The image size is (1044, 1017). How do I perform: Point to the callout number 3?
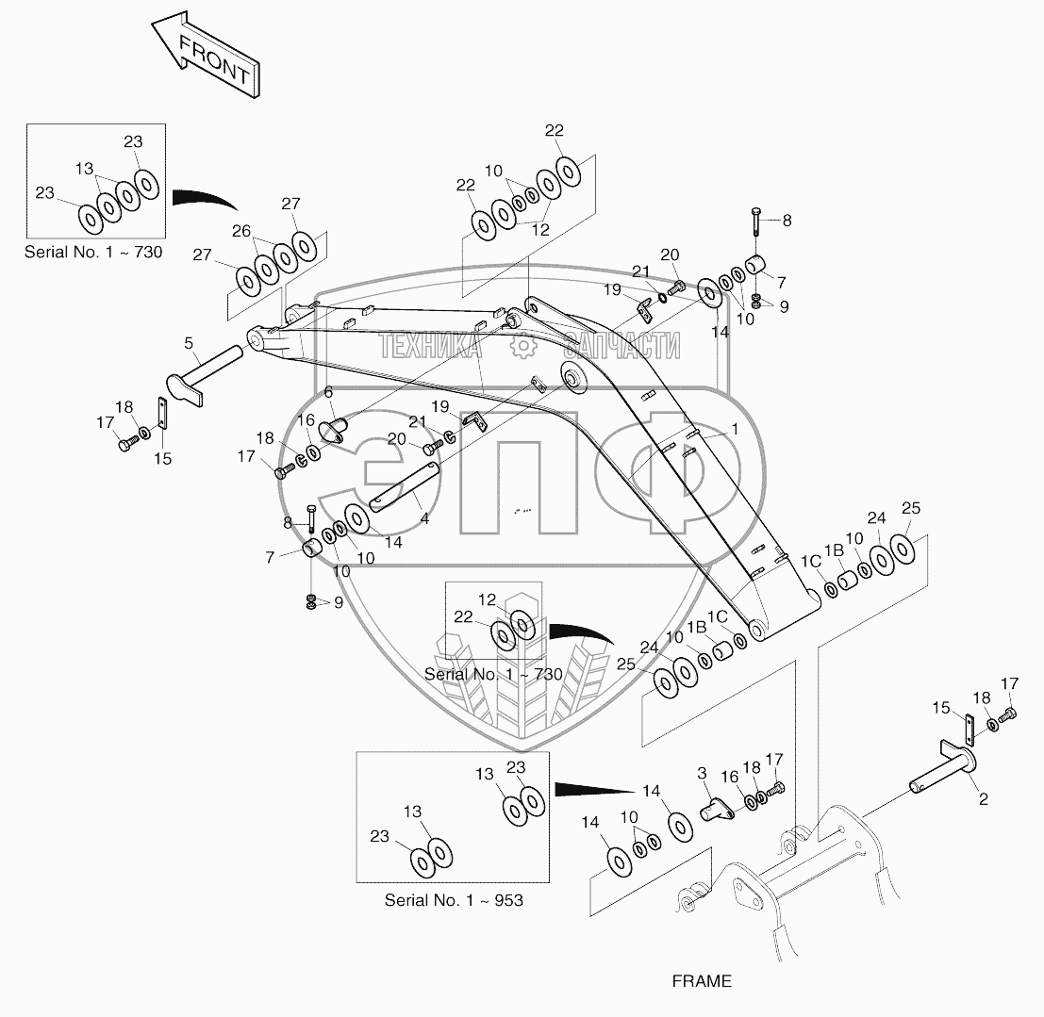point(702,773)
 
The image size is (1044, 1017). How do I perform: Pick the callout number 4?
point(424,518)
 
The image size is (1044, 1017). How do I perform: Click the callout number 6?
point(328,392)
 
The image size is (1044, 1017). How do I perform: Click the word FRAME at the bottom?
point(701,981)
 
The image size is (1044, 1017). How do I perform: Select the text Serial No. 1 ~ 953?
point(453,899)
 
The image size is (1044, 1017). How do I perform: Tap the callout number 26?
point(241,232)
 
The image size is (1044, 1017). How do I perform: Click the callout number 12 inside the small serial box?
point(486,599)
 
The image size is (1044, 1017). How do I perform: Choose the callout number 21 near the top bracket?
point(641,272)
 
